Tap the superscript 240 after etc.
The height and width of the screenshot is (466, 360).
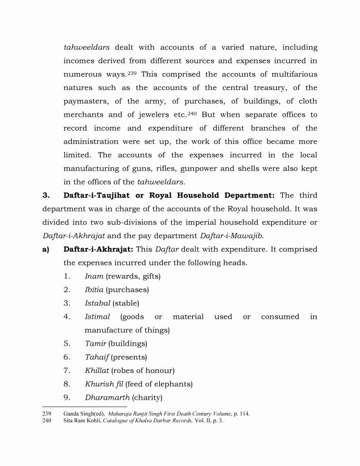tap(191, 113)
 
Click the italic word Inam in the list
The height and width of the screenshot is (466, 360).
tap(94, 276)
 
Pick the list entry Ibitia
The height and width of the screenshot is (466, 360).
tap(94, 290)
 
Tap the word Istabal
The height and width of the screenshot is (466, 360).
tap(97, 303)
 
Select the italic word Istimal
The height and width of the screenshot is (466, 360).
tap(97, 317)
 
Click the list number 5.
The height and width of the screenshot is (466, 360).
tap(67, 344)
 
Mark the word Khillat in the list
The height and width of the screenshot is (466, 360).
tap(97, 370)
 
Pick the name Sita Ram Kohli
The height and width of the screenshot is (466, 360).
tap(82, 420)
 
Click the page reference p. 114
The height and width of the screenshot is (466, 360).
tap(241, 413)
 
